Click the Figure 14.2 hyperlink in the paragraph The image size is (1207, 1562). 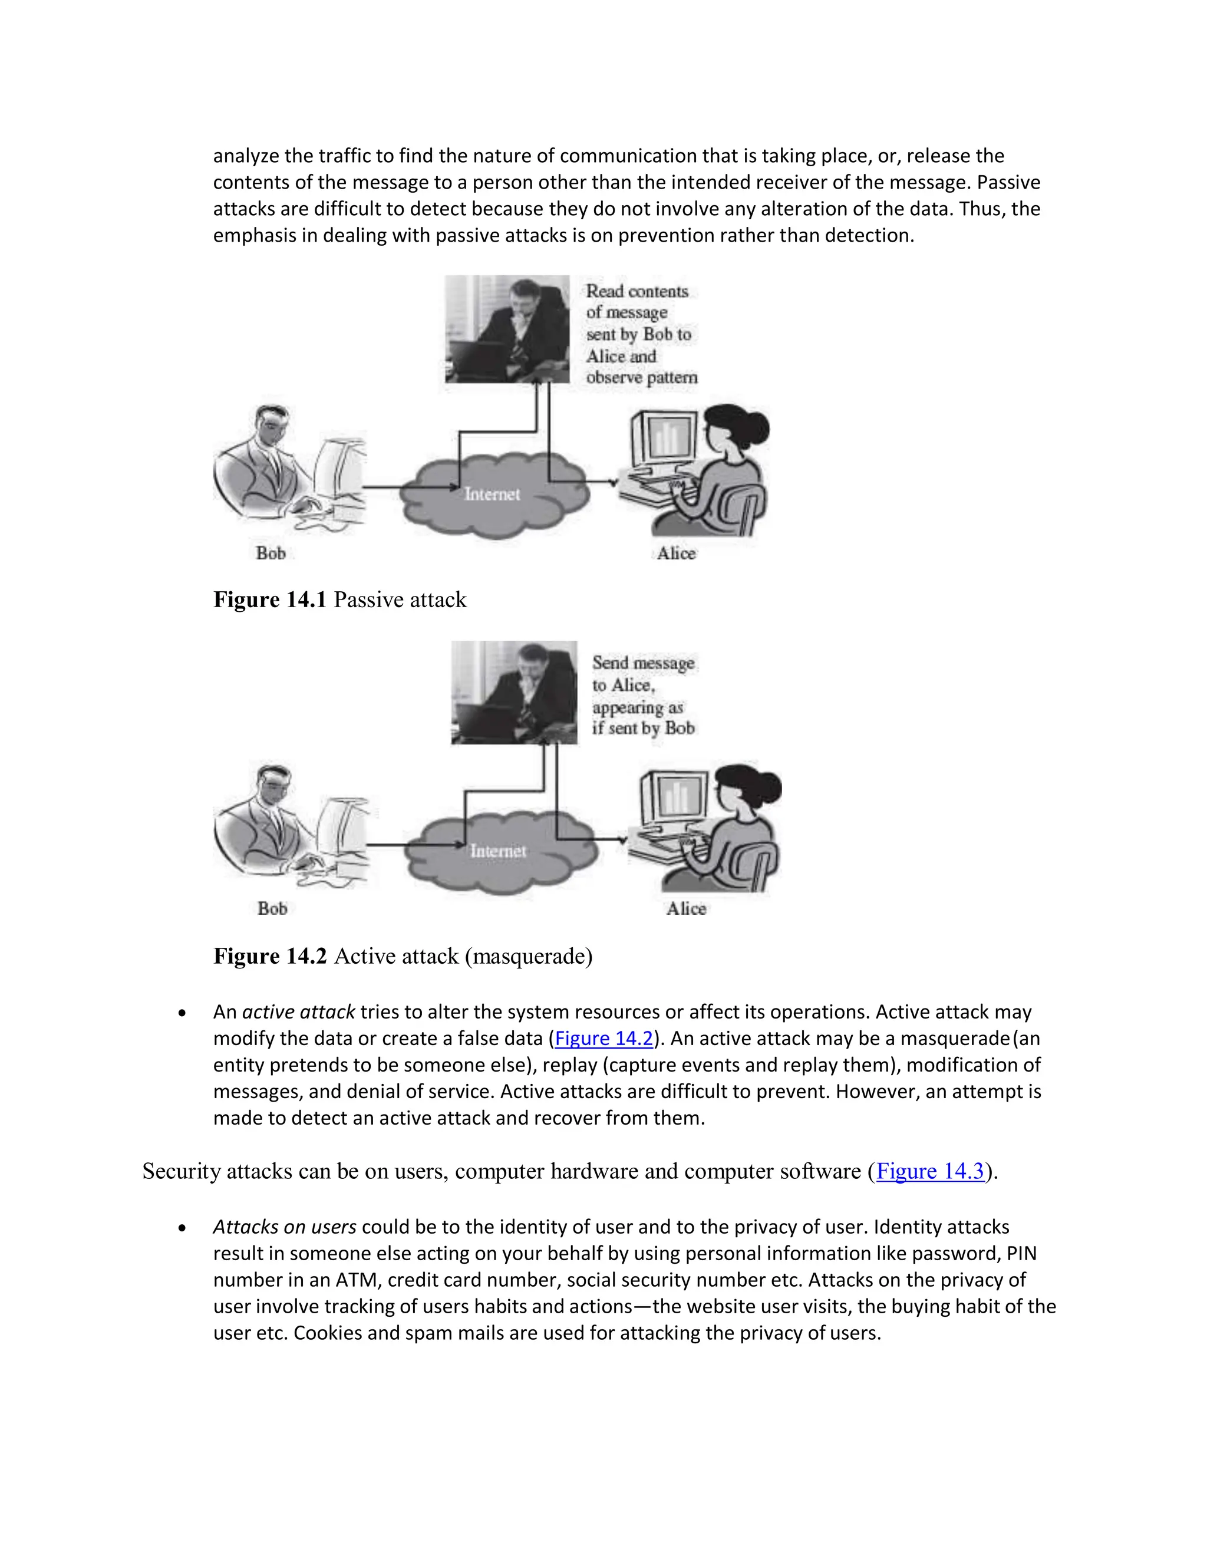tap(604, 1039)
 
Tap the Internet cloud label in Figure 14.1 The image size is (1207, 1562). tap(492, 494)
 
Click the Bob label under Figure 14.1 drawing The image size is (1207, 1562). tap(271, 553)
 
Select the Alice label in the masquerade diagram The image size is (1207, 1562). tap(687, 908)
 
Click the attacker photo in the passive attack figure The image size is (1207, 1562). tap(507, 329)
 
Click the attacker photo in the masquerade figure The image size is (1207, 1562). tap(513, 693)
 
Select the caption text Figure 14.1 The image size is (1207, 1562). tap(269, 599)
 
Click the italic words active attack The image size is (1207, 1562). tap(298, 1012)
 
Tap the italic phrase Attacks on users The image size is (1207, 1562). tap(285, 1227)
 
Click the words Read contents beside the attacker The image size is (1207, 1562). tap(637, 291)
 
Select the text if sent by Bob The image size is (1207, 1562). tap(643, 728)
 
